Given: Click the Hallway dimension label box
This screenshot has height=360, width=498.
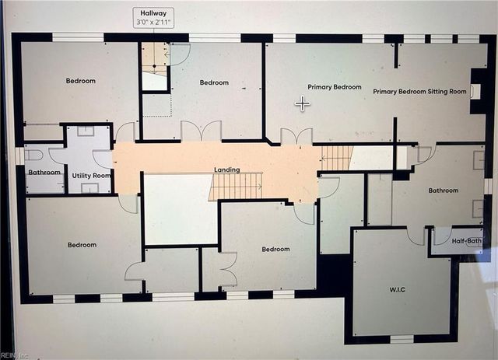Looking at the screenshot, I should tap(153, 18).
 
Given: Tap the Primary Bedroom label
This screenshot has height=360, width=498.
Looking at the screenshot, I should tap(335, 87).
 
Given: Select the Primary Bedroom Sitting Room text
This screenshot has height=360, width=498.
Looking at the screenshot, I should tap(419, 92).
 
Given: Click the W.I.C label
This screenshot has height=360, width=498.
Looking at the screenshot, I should tap(398, 289).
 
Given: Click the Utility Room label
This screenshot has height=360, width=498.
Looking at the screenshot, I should tap(92, 177).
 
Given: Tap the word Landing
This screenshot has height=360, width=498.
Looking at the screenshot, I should tap(226, 170).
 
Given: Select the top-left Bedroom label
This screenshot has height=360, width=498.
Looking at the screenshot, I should tap(81, 81).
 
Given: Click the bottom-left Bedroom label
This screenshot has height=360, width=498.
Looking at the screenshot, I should tap(82, 245).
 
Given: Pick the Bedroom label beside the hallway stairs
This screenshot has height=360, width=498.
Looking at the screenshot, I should tap(214, 82).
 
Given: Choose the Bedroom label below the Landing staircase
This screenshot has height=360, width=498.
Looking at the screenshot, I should tap(275, 250).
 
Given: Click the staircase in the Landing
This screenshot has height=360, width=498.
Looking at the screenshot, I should tap(235, 187).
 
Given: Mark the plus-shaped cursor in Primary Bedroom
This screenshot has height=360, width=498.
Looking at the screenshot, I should tap(302, 103).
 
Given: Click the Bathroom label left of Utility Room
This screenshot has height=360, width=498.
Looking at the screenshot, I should tap(44, 172).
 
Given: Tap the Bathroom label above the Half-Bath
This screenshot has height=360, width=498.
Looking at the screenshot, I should tap(443, 190).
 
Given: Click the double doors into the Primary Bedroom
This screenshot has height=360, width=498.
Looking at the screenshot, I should tap(296, 137).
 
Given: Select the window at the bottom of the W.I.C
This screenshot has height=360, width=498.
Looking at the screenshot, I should tap(402, 339).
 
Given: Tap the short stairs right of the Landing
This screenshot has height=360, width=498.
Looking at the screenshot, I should tap(337, 158).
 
